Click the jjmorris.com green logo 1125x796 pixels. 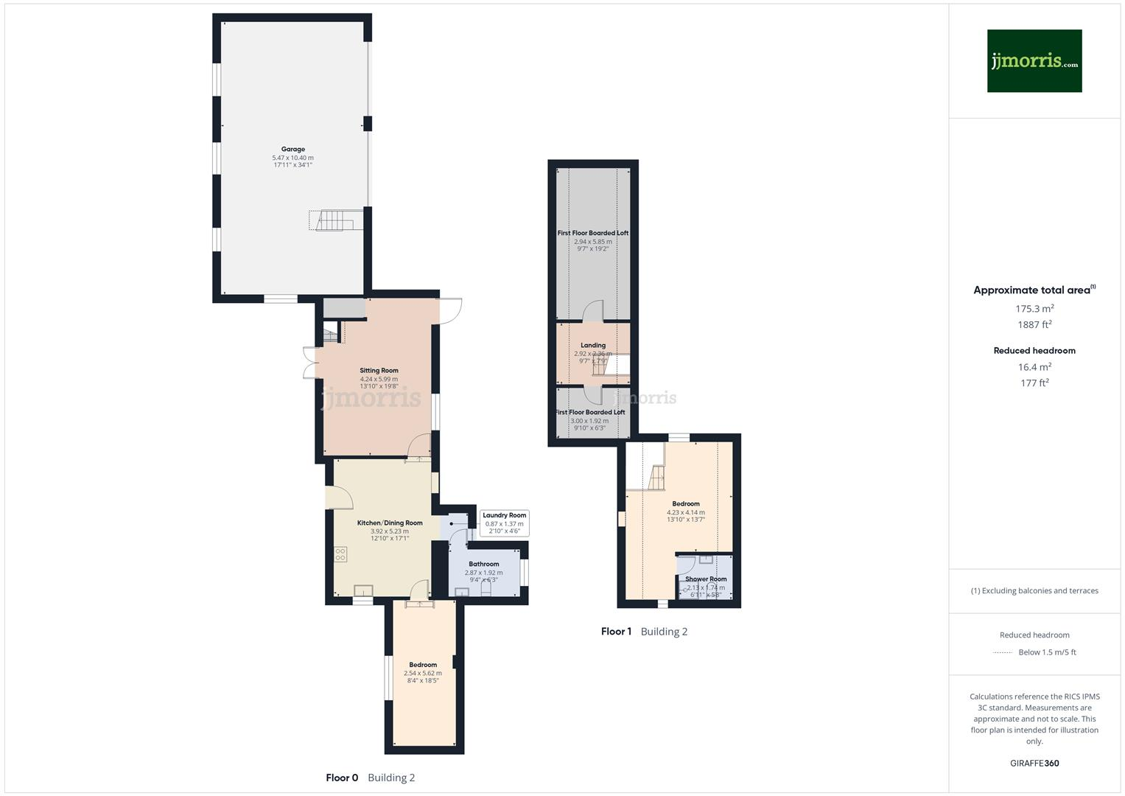point(1034,60)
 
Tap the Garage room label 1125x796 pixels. point(292,149)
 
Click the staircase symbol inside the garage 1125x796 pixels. point(335,220)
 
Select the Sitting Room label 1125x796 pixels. point(379,371)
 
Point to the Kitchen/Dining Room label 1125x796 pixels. point(390,523)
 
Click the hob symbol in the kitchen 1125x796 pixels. point(340,554)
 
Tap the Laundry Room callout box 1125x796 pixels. point(505,523)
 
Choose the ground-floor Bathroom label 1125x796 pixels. point(483,565)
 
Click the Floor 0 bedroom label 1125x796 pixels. point(423,665)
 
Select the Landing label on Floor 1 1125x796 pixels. point(593,345)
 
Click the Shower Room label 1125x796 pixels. point(706,579)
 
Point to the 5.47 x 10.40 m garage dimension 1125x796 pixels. point(292,158)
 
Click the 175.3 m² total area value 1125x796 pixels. point(1034,309)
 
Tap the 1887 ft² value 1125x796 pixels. point(1034,324)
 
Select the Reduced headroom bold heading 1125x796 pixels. point(1034,351)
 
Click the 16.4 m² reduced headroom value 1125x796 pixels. point(1034,367)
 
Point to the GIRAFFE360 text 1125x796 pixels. point(1034,764)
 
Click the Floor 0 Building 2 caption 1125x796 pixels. point(371,778)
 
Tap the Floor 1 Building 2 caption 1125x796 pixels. point(644,632)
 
